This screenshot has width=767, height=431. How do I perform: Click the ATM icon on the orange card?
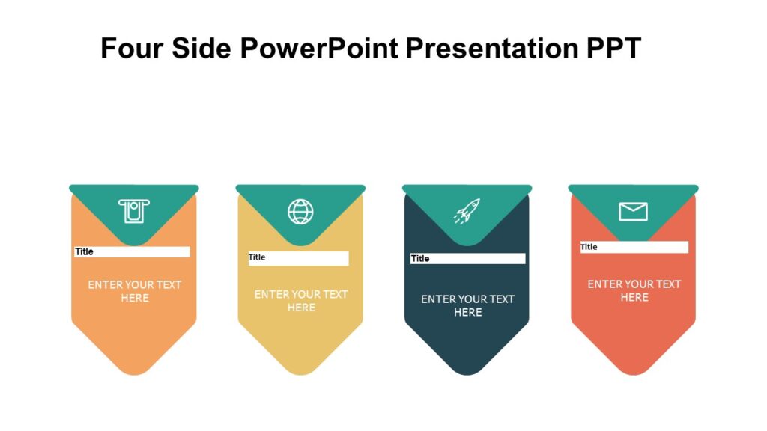[134, 211]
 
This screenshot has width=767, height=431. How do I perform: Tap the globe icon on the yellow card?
[300, 211]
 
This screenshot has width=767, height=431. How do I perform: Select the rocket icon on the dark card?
[467, 211]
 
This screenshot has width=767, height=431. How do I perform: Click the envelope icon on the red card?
[633, 212]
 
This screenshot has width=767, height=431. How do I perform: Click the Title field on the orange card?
[132, 252]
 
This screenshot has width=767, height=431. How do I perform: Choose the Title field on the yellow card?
[298, 258]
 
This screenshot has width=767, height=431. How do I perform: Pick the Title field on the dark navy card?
[467, 258]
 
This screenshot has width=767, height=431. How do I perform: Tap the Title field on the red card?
[634, 247]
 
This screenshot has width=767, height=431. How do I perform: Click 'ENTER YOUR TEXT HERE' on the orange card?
[134, 291]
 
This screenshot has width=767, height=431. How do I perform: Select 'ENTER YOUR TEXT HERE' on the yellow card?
[301, 301]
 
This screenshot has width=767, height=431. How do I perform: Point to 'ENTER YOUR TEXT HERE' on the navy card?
[467, 305]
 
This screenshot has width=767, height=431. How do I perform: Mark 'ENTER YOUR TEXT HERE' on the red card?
[634, 290]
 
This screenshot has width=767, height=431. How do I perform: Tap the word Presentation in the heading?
[491, 49]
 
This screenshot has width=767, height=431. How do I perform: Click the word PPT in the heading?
[613, 49]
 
